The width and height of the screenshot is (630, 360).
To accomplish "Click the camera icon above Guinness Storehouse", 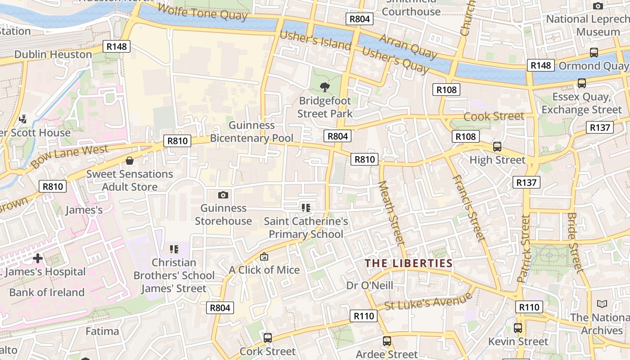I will (223, 195).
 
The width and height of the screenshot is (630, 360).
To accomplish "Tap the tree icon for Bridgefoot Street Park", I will (324, 87).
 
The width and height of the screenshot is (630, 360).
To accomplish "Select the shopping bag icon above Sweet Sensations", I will (130, 161).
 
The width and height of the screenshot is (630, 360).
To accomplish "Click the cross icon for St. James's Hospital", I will (38, 258).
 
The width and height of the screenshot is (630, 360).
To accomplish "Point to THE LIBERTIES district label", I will (408, 263).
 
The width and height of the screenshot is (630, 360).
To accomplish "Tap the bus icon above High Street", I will (497, 146).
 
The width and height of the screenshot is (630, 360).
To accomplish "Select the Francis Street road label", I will (468, 207).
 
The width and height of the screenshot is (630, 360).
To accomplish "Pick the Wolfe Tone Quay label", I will (202, 12).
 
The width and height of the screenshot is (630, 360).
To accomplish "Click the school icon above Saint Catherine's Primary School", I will (306, 207).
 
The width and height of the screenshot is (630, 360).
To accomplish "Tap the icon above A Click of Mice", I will (264, 256).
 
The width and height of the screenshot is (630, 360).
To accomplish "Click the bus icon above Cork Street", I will (268, 337).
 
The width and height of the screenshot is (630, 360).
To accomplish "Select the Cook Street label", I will (494, 116).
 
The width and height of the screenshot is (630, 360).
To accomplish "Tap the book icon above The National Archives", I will (602, 304).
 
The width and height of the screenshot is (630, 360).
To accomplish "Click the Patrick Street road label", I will (524, 248).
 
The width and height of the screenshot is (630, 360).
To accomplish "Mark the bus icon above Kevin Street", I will (518, 328).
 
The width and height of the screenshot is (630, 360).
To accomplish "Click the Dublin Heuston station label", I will (53, 54).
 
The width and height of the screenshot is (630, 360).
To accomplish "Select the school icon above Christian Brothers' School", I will (174, 249).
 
